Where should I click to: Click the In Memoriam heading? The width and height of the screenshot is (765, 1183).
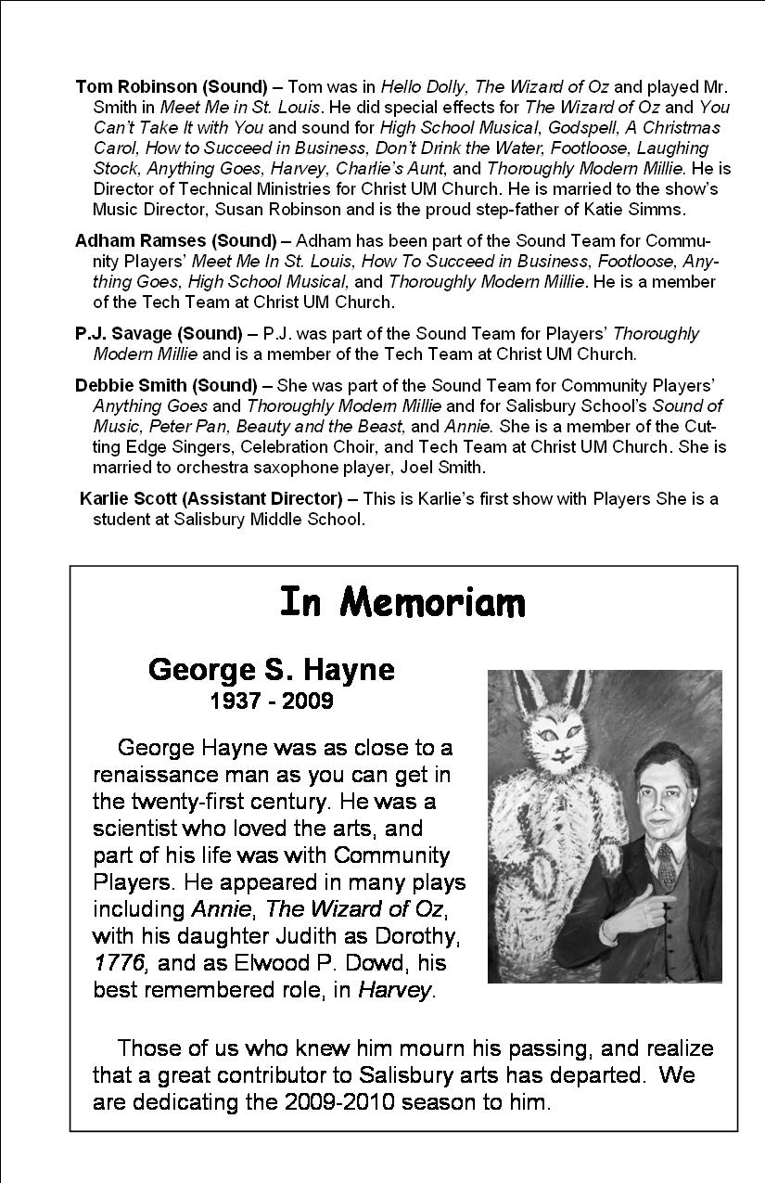point(402,603)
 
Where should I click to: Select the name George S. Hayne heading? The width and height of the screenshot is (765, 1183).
point(271,670)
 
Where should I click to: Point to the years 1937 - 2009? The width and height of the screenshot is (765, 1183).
point(272,701)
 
